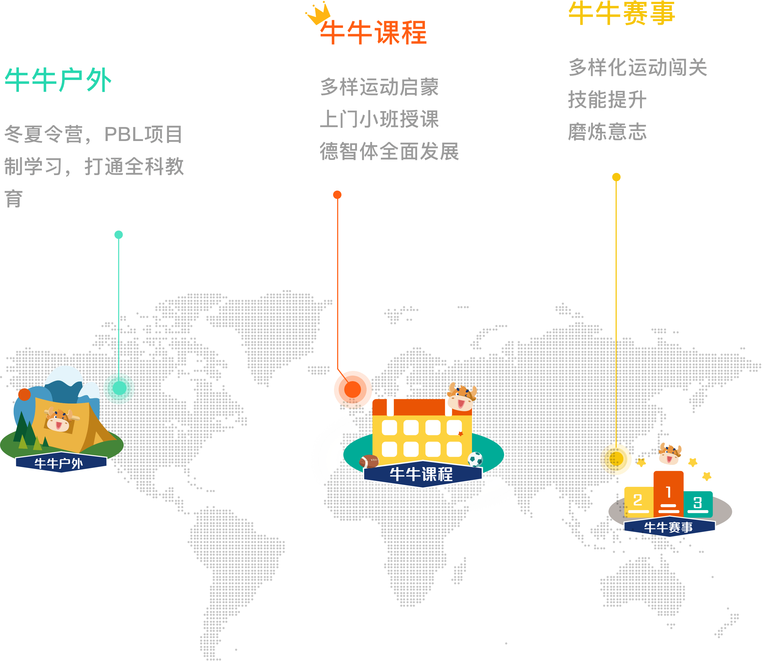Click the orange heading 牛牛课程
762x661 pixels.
[x=373, y=33]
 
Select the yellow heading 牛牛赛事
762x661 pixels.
[x=622, y=13]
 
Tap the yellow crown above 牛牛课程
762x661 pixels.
[x=318, y=13]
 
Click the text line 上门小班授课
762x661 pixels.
[x=380, y=119]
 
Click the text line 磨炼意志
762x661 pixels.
[x=607, y=132]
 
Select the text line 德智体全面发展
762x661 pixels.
[x=390, y=151]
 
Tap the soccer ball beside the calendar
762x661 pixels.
[x=475, y=460]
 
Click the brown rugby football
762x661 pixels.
[x=369, y=461]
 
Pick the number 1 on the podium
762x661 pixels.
[x=669, y=492]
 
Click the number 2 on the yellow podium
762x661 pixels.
[x=638, y=500]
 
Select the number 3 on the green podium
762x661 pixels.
[x=697, y=502]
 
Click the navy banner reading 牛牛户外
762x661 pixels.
[x=61, y=463]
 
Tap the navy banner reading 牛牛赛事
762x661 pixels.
[x=669, y=527]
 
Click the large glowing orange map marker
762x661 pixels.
[x=353, y=390]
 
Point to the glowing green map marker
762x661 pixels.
[x=119, y=388]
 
